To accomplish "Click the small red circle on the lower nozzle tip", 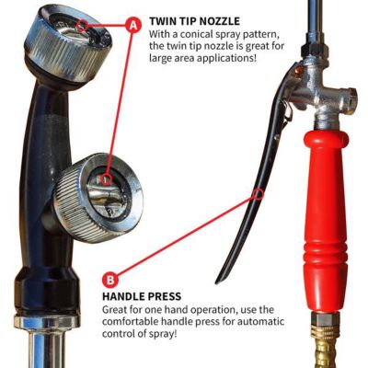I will pos(107,176).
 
